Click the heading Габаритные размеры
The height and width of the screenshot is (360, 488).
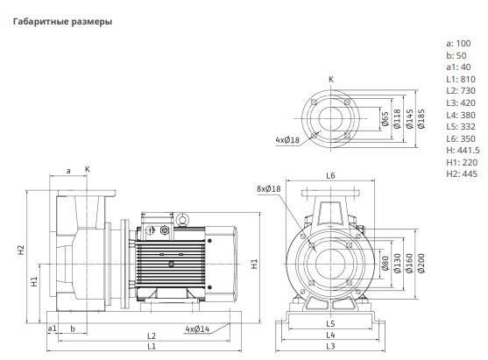click(62, 22)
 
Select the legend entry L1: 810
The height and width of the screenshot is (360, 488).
click(461, 79)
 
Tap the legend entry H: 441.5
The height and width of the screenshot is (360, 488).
click(463, 151)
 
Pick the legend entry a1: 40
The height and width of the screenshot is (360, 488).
click(458, 67)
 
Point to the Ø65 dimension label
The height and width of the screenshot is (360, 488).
click(385, 119)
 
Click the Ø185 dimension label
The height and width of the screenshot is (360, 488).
click(421, 118)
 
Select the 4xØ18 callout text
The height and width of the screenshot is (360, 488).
click(287, 139)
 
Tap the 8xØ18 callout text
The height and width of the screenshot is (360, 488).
click(269, 188)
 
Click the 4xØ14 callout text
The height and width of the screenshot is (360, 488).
click(197, 328)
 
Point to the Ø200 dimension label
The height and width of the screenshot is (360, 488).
click(421, 264)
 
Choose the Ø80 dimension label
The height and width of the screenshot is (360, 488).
click(385, 264)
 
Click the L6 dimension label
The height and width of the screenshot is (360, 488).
click(330, 176)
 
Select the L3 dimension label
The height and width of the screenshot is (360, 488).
click(330, 346)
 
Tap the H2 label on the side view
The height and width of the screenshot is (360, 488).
click(20, 251)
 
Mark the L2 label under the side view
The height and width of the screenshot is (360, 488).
click(152, 336)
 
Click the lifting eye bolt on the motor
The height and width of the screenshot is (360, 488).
click(181, 220)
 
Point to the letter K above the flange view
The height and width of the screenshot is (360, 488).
click(331, 80)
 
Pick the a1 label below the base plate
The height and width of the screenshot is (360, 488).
click(53, 328)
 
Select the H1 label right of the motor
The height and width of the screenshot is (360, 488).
click(254, 264)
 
